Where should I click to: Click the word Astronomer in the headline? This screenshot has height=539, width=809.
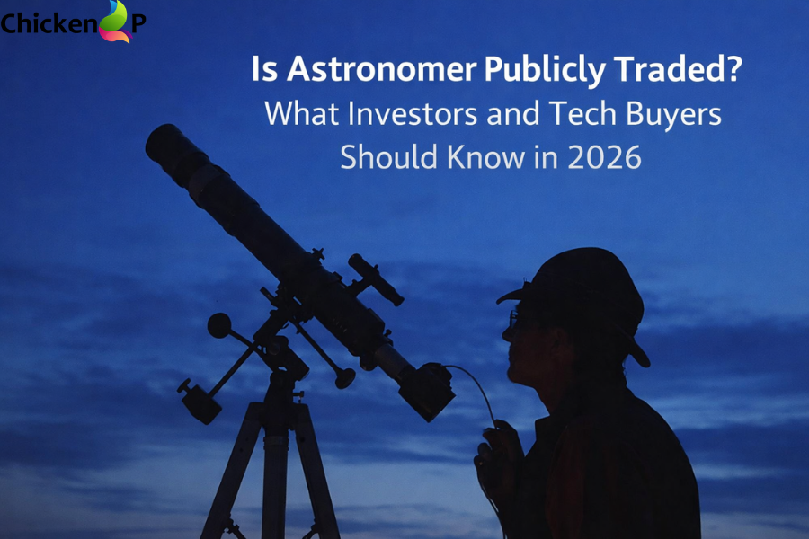(x=378, y=70)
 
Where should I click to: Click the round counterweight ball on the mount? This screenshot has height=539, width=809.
(x=219, y=325)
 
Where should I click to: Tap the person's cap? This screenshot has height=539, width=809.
(x=584, y=278)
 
